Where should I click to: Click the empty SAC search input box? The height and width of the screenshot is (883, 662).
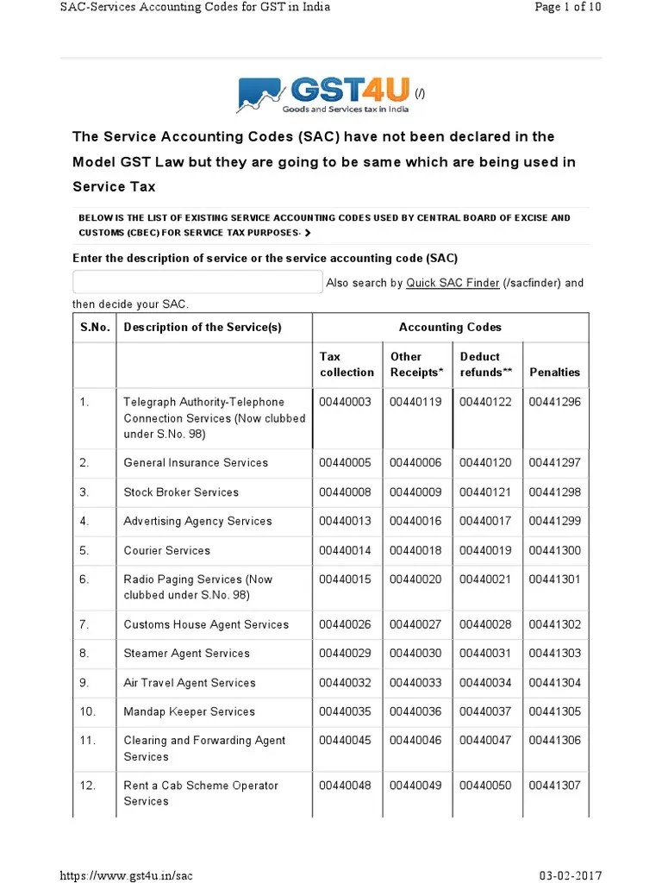coord(197,282)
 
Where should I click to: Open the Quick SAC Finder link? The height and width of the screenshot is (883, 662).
coord(453,283)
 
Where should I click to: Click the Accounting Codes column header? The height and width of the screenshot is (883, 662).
coord(450,328)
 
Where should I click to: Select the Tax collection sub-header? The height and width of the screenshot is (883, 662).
coord(347,365)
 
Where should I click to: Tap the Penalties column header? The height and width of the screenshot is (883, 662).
coord(554,373)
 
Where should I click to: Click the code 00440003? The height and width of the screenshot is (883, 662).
coord(346,403)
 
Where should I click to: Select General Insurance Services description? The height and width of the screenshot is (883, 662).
coord(196,463)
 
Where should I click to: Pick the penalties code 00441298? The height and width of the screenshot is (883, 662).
coord(555,492)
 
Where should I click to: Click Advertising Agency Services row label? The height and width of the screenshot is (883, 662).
coord(197,522)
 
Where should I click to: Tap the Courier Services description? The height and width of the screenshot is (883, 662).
coord(166,551)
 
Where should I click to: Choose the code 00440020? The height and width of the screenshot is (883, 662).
coord(415,580)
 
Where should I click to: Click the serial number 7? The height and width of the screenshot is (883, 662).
coord(84,625)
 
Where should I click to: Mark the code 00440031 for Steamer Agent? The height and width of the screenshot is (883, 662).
coord(485,654)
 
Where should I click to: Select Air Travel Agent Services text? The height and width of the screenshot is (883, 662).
coord(190,683)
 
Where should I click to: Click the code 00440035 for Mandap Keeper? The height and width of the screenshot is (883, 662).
coord(346,712)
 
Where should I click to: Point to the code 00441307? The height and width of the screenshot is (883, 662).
coord(555,786)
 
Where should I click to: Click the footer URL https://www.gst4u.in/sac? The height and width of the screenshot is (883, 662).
coord(126,875)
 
